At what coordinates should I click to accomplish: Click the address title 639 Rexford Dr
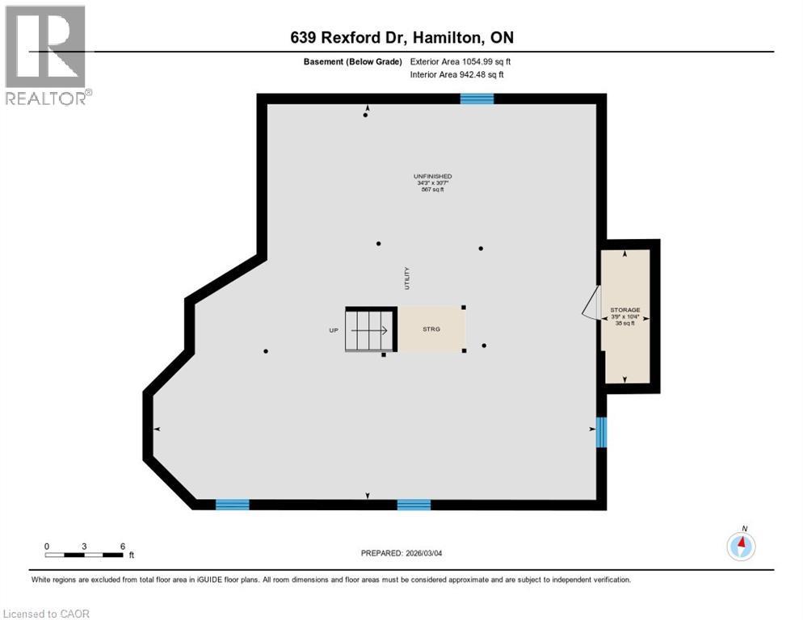(401, 38)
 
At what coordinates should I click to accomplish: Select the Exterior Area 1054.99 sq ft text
(460, 61)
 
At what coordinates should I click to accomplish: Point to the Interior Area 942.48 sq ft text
(457, 75)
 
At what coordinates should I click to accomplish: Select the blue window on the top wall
(477, 98)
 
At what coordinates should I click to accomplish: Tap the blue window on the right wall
(601, 433)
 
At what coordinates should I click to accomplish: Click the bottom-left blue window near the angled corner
(232, 505)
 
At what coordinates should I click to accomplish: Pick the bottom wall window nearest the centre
(414, 505)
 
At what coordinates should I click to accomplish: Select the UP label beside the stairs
(333, 330)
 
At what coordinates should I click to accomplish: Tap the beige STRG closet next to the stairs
(431, 329)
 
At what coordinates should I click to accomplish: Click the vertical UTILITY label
(408, 279)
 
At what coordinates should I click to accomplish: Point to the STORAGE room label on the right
(624, 310)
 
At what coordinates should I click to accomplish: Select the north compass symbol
(741, 546)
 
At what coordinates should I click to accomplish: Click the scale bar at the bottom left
(84, 555)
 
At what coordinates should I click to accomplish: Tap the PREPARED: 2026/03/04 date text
(401, 553)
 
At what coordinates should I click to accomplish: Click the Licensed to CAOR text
(47, 614)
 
